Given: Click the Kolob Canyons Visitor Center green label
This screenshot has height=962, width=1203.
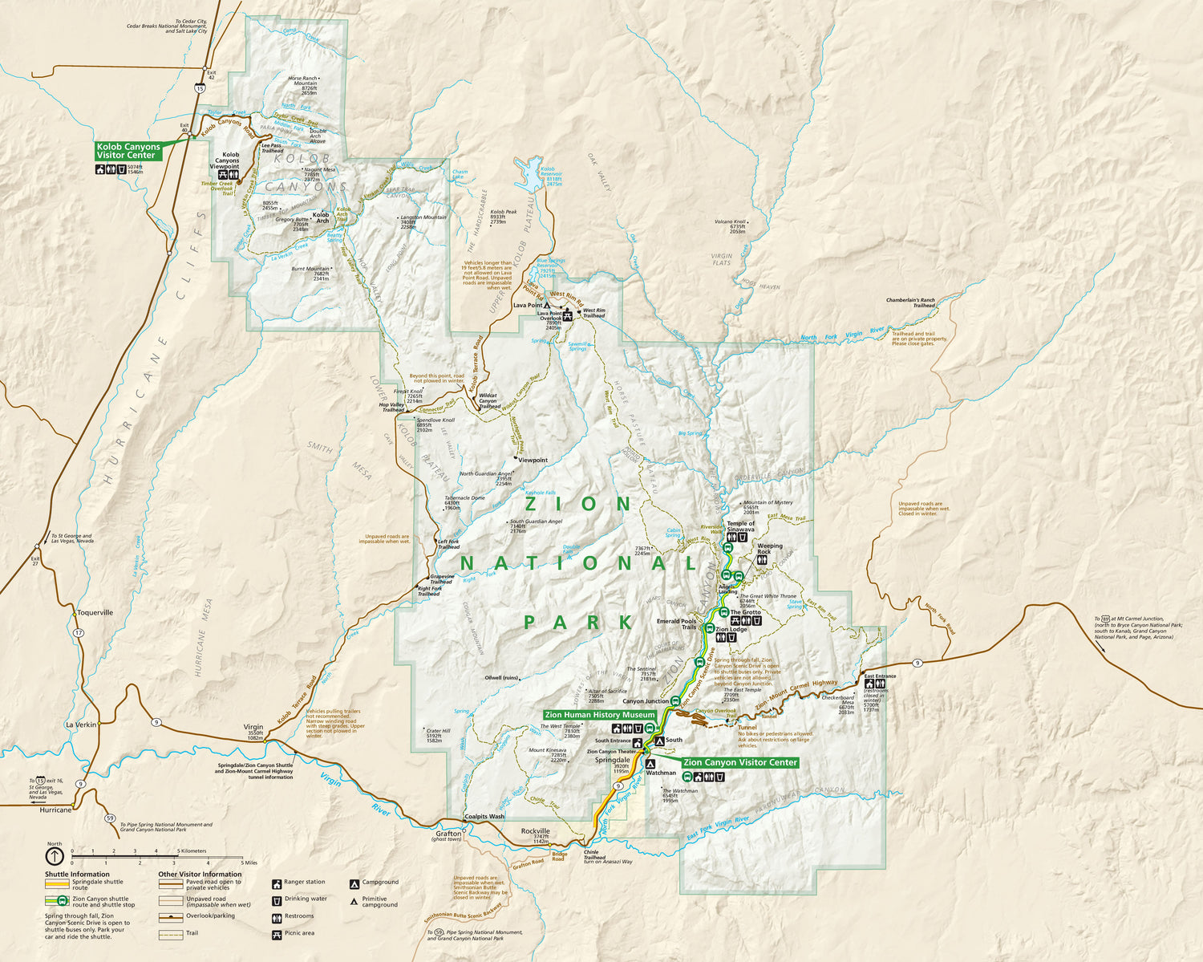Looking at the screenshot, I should [x=128, y=151].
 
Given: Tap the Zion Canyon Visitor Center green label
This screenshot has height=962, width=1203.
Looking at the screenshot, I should [x=739, y=762].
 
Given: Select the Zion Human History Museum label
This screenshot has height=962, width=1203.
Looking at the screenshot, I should [x=599, y=715].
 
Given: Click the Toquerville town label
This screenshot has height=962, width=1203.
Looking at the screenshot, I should [x=95, y=612].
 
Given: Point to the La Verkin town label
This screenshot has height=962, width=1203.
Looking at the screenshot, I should [x=81, y=725].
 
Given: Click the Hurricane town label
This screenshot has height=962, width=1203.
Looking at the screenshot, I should [x=55, y=810].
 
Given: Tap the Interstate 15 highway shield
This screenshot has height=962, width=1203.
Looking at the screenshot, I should [x=199, y=88].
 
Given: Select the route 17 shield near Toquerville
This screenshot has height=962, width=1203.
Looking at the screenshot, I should [x=79, y=633].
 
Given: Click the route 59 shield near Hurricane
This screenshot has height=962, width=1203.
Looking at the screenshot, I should [x=110, y=818].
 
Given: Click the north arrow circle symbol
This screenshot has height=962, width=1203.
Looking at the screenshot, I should [x=55, y=856].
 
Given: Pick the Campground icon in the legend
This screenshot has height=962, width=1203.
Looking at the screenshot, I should [x=354, y=883].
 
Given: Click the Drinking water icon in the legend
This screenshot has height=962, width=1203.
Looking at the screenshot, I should [x=277, y=899].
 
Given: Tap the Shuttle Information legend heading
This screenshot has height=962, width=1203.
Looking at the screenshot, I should [x=77, y=875].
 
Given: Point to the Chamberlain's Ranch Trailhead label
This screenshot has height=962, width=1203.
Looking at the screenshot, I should [x=910, y=302].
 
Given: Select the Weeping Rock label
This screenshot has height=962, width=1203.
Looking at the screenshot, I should [x=764, y=549].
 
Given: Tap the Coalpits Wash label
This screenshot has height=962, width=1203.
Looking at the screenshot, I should [x=484, y=817].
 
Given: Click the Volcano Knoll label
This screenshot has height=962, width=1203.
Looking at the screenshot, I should [x=731, y=221].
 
